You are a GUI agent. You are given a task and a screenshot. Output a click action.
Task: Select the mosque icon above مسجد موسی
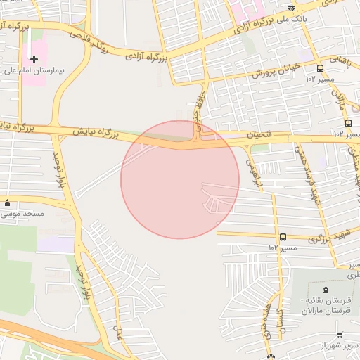point(7,202)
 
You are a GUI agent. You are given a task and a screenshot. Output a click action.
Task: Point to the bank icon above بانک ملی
point(291,8)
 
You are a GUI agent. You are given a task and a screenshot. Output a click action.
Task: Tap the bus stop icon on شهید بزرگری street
point(283,237)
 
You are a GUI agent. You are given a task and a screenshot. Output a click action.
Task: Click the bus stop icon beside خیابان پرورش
point(321,68)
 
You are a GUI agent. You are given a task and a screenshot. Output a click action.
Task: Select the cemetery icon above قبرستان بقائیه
point(325,290)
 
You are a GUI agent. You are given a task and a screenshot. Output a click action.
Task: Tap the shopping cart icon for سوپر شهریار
point(340,335)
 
